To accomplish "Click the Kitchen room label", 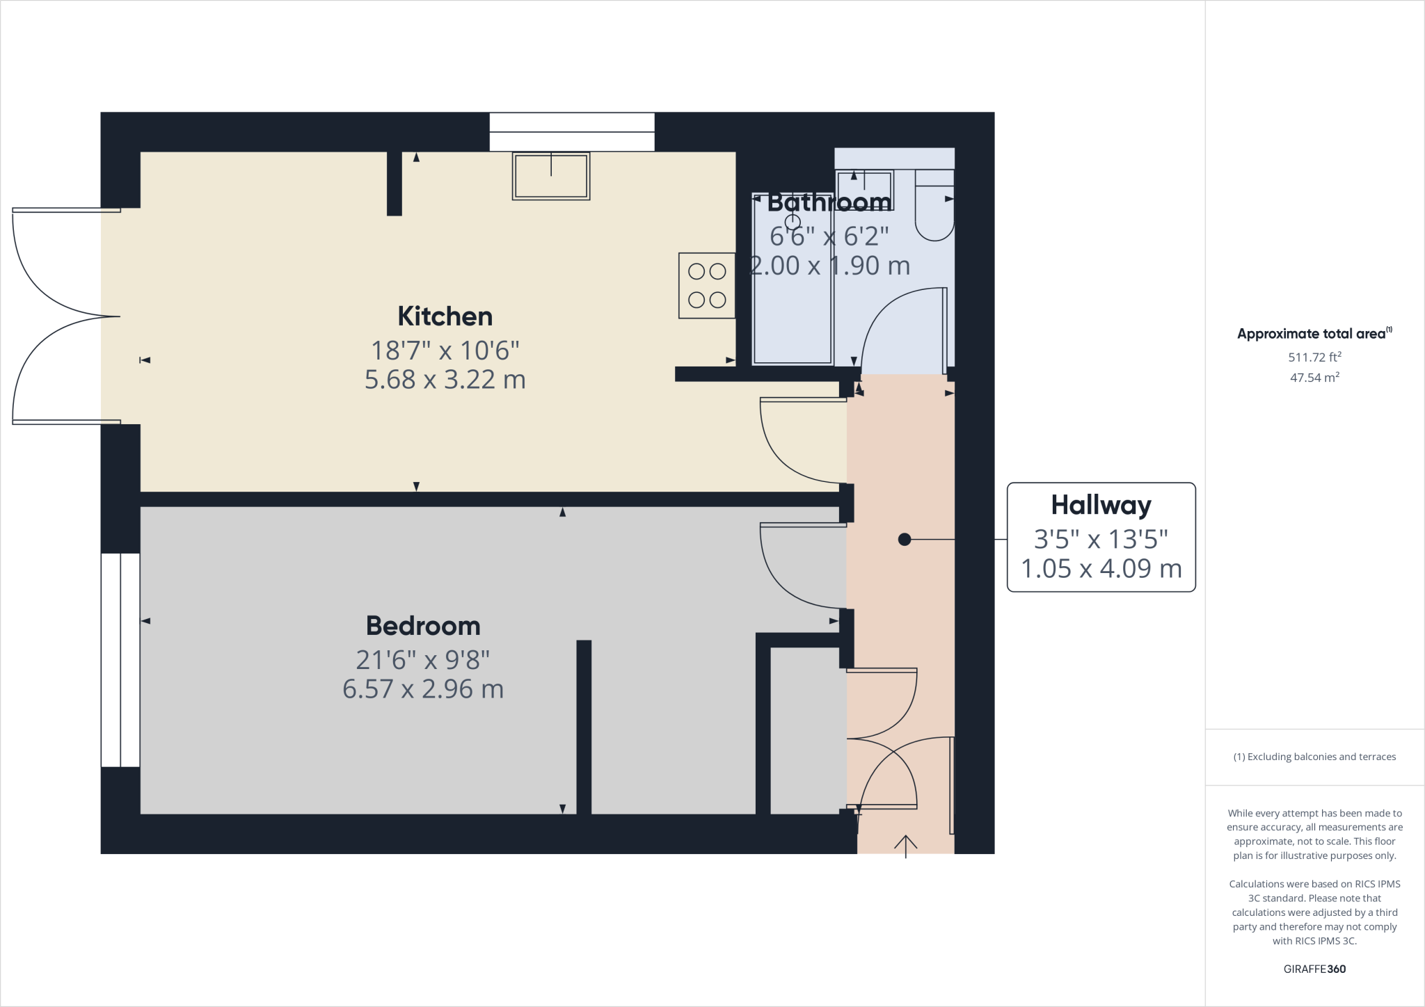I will [x=445, y=316].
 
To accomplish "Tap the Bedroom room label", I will [x=423, y=626].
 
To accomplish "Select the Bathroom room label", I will [x=829, y=202].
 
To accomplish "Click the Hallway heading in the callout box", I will [x=1101, y=505].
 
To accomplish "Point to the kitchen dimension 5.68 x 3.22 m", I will [x=445, y=380].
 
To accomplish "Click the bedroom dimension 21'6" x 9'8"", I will [x=423, y=659].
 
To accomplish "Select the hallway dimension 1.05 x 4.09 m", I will [x=1101, y=569].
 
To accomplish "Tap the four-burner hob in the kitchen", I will [x=707, y=285].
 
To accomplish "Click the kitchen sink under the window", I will [x=551, y=176].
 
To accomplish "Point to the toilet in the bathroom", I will [x=934, y=209].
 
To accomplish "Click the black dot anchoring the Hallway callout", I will [x=904, y=539].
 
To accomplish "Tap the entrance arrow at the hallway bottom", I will [x=905, y=846].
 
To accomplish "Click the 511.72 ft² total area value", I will [x=1314, y=357].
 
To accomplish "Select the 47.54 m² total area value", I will [x=1314, y=378].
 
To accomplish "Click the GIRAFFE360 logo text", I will [x=1314, y=969].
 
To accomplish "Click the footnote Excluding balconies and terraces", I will [x=1314, y=757].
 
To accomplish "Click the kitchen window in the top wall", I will [x=572, y=132].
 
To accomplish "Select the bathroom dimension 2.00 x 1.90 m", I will [x=829, y=266].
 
